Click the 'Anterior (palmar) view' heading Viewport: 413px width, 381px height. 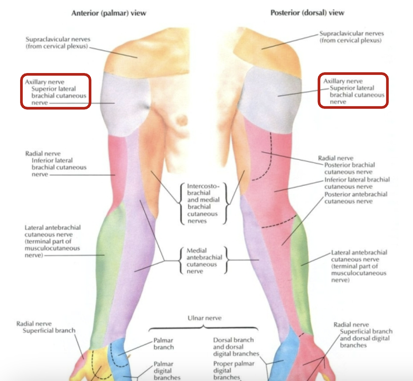pos(109,13)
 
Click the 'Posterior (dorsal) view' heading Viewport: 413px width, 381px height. pos(307,13)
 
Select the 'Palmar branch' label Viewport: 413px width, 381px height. pos(164,344)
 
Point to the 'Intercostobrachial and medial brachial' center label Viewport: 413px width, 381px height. pos(203,203)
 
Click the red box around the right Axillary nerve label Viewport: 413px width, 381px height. pos(353,91)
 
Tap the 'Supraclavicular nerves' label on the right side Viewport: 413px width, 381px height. pos(351,37)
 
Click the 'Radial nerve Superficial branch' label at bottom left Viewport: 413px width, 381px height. pos(46,327)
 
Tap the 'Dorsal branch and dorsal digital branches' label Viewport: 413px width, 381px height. pos(234,347)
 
